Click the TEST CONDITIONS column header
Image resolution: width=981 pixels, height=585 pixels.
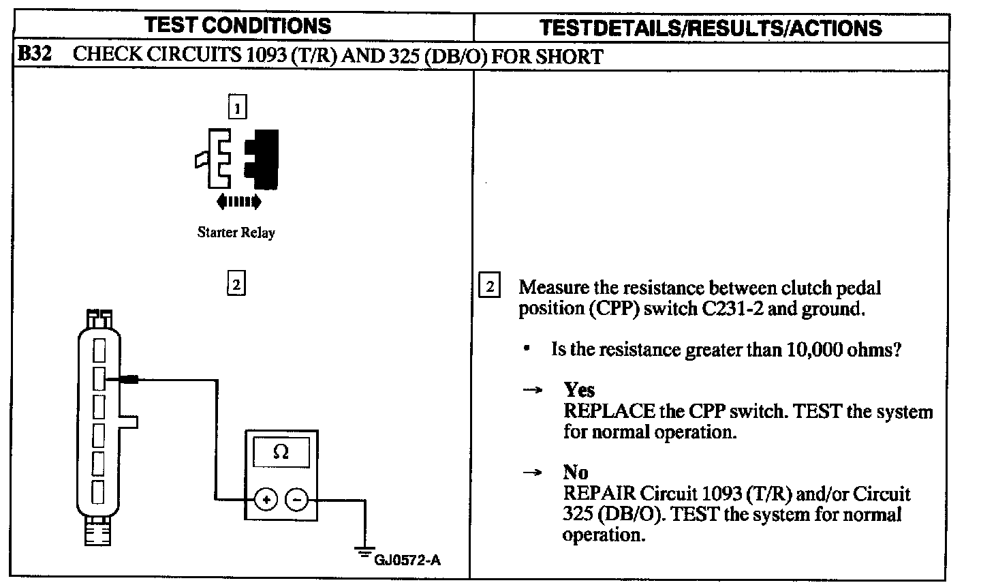pos(238,26)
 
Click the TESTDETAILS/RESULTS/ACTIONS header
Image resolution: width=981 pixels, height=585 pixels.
pos(710,27)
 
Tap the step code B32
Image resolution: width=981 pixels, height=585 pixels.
pos(34,55)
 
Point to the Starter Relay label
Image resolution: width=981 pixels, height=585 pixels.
pos(236,232)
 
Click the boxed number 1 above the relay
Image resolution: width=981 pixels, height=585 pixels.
pos(236,108)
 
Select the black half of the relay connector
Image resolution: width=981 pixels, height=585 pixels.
pos(263,159)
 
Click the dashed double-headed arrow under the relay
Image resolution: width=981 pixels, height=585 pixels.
pos(238,201)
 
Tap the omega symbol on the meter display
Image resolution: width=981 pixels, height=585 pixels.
pos(281,452)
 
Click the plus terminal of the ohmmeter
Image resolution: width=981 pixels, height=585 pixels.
pos(266,500)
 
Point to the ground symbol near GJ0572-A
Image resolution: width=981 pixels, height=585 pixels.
pos(365,550)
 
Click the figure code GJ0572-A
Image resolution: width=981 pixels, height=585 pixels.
pos(407,560)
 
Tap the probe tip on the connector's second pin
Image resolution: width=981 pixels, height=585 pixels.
pos(129,379)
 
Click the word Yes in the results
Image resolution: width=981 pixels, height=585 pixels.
pos(579,390)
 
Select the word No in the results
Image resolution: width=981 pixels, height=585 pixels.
pos(576,472)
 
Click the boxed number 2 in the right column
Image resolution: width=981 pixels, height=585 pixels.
pos(490,286)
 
